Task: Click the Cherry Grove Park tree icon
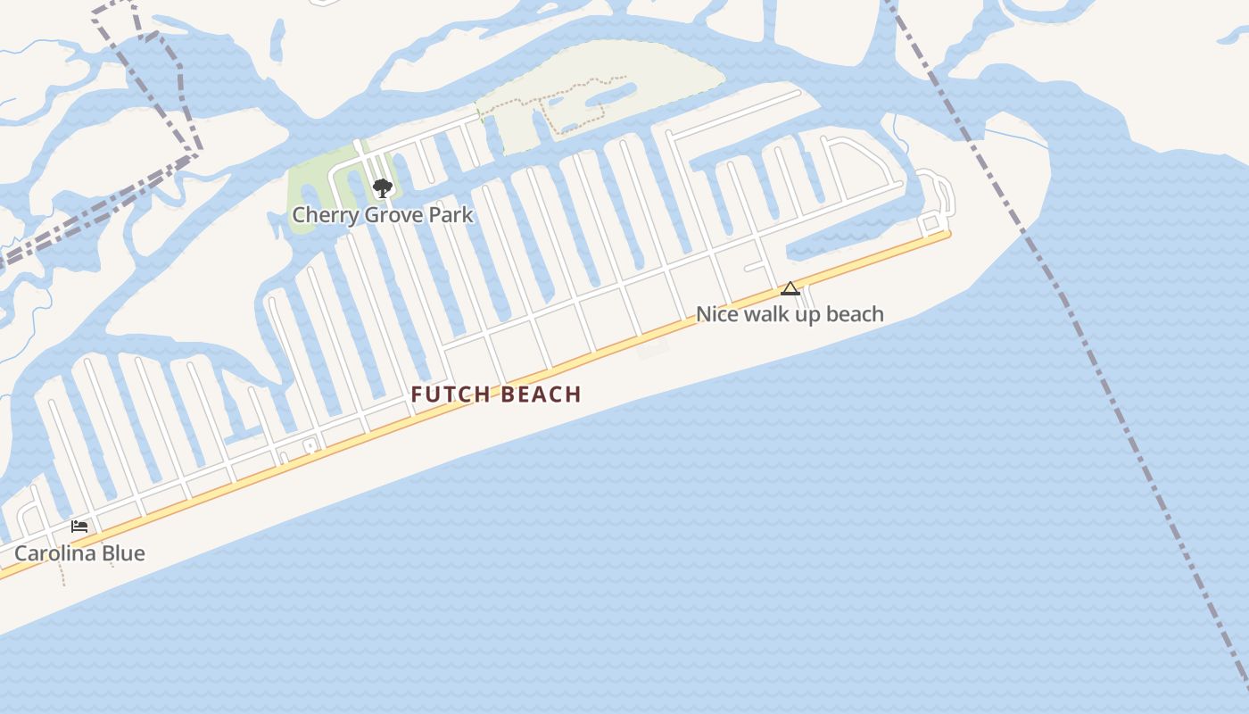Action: (x=383, y=188)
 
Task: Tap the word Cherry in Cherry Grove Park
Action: (x=319, y=215)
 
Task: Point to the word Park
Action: (x=452, y=215)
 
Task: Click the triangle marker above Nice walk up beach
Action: (x=790, y=288)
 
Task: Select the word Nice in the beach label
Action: (x=715, y=314)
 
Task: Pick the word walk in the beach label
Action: (x=768, y=314)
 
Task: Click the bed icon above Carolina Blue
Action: (x=79, y=527)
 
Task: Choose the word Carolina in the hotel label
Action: (x=54, y=553)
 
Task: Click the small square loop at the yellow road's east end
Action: (x=931, y=221)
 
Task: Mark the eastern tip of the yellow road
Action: (x=948, y=235)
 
